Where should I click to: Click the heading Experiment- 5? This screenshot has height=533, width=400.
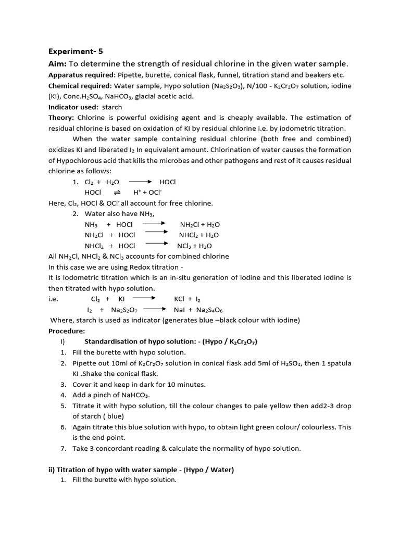tap(76, 52)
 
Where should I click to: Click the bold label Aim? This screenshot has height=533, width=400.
tap(59, 64)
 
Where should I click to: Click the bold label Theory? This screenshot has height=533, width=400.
tap(61, 118)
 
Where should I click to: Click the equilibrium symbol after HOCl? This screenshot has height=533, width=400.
tap(117, 193)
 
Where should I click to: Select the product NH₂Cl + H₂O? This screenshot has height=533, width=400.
tap(199, 224)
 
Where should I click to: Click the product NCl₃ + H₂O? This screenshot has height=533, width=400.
tap(194, 246)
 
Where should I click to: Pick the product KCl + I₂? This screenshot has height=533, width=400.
tap(187, 299)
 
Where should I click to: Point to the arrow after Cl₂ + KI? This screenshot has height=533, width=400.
tap(144, 299)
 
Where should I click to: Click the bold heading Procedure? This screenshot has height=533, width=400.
tap(67, 331)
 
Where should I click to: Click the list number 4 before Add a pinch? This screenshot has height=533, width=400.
tap(63, 395)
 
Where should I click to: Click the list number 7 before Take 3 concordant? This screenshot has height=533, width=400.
tap(63, 448)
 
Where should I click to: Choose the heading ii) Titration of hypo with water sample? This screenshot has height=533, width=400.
tap(141, 469)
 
